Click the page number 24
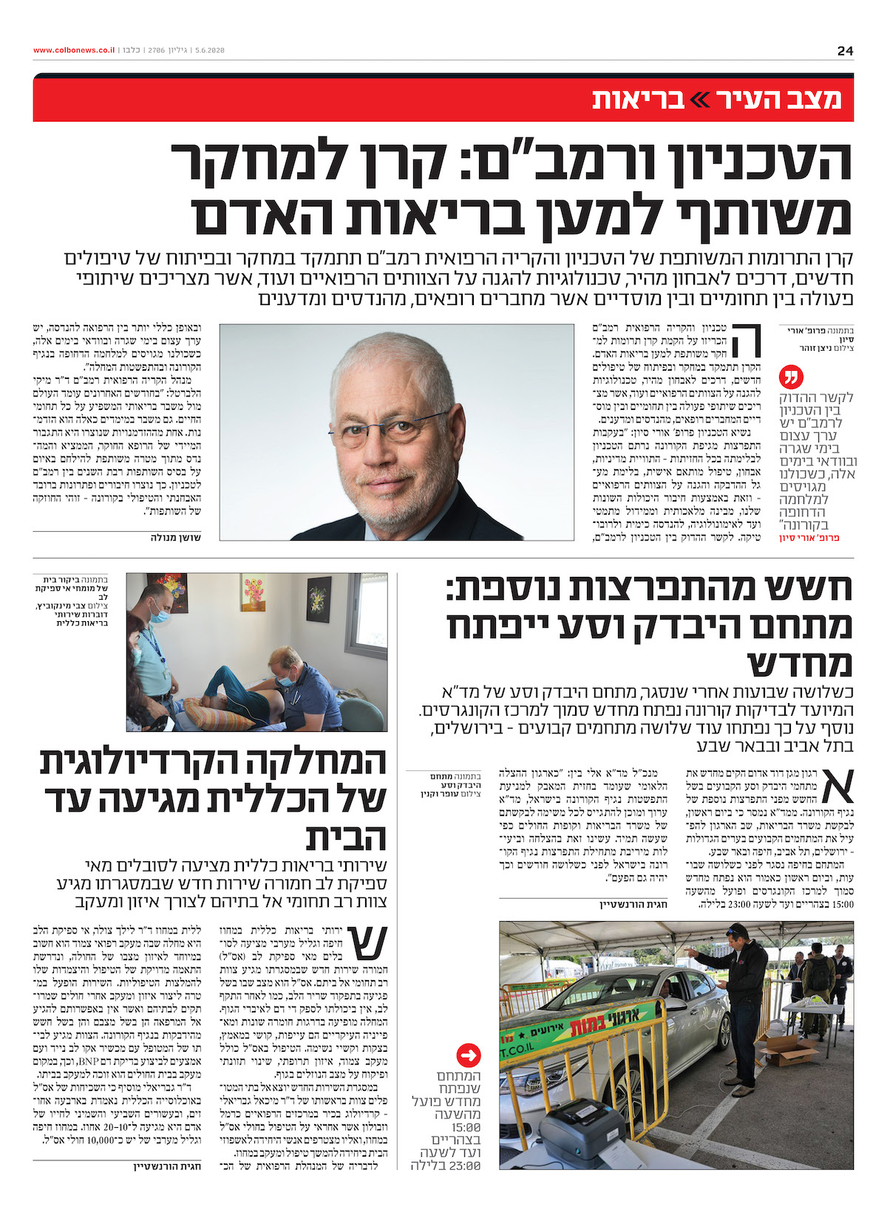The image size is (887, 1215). pos(845,51)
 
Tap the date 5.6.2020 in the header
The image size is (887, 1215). pos(209,51)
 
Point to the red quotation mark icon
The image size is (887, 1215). pos(791,378)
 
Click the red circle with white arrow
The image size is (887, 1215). pos(469,1054)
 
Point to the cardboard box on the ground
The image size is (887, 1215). pos(786,1049)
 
